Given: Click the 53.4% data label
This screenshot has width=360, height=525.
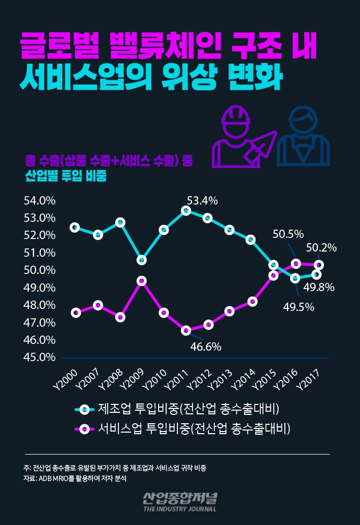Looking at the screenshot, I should [202, 201].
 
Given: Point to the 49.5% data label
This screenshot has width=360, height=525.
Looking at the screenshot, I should [298, 307].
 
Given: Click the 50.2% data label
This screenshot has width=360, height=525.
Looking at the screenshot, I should [321, 247].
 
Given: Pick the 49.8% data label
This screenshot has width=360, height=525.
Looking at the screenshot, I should [319, 287].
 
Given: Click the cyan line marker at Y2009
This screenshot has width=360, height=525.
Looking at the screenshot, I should [141, 259].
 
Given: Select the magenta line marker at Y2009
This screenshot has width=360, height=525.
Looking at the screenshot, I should [141, 281].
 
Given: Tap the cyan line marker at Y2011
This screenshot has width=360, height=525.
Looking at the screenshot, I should [186, 210].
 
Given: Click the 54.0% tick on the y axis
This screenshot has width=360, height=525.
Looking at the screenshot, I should [40, 201].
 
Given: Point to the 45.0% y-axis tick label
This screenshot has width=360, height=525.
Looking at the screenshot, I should [40, 357].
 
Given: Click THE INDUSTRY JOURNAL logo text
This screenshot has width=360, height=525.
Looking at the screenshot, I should [179, 508].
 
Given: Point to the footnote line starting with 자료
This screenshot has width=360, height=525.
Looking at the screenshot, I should [75, 478].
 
